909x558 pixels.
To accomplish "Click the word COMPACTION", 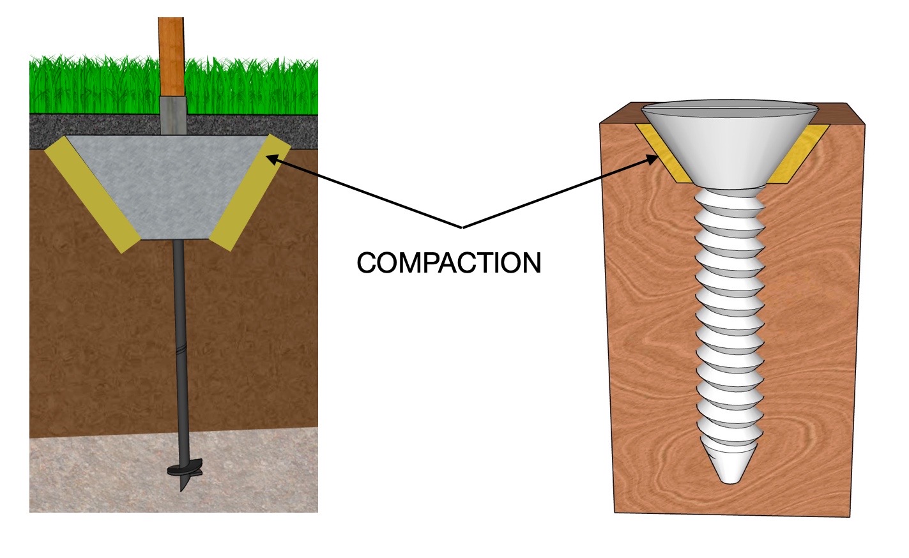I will (448, 263).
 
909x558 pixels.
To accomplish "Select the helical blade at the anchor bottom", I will (183, 472).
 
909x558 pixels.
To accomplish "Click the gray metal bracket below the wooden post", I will (172, 116).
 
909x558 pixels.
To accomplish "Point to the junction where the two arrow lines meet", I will (462, 227).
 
